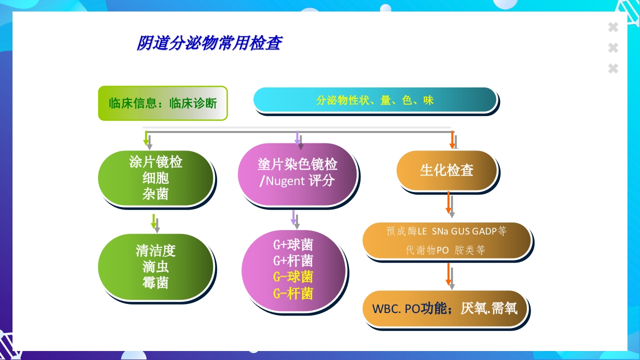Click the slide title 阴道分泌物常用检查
209,43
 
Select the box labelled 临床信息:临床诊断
162,103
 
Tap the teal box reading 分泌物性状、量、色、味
374,100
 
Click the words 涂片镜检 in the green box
155,162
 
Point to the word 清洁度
155,250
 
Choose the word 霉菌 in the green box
155,283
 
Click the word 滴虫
155,267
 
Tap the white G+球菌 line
293,244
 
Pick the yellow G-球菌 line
293,276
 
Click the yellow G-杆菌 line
293,293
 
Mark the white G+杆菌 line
293,260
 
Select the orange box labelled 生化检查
446,170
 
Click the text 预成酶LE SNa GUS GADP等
446,231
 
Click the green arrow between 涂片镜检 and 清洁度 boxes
154,222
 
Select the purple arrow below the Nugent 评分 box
293,217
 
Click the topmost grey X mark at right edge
613,27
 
